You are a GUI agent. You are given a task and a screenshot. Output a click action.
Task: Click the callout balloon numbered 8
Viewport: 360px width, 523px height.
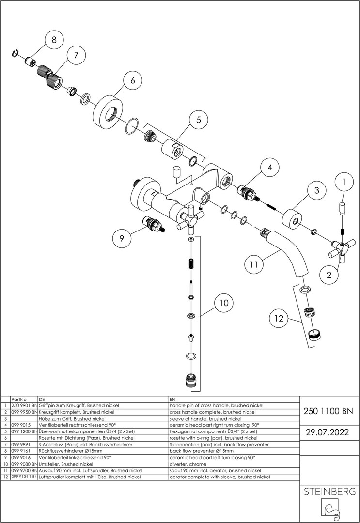pos(54,40)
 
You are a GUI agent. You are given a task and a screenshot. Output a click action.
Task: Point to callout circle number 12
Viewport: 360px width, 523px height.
pos(278,319)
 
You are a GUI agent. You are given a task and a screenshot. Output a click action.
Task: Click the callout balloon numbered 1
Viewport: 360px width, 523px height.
pos(344,183)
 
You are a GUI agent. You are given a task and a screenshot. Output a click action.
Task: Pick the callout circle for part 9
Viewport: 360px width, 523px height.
pos(122,238)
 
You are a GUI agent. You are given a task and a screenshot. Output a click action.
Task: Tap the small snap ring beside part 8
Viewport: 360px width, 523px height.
pos(16,54)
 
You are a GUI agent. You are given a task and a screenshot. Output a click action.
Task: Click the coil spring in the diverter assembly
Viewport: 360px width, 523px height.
pos(191,264)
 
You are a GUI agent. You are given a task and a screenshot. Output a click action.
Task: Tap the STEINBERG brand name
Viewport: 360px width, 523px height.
pos(329,492)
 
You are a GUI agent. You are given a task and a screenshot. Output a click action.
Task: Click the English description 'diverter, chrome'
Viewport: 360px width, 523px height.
pos(191,464)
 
